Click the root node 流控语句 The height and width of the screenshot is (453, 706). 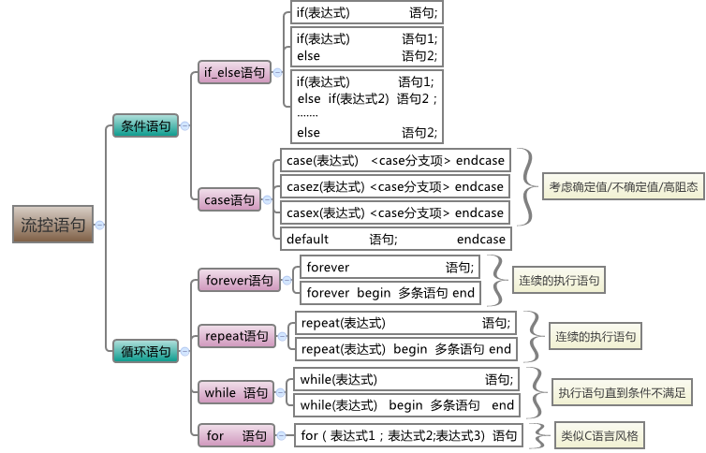point(52,225)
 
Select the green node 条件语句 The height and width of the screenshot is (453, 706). point(145,125)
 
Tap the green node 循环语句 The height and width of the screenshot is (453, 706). point(145,351)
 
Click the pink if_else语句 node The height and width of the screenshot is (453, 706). point(233,72)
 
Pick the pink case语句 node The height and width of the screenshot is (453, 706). point(229,199)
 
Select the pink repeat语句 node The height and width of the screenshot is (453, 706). point(237,335)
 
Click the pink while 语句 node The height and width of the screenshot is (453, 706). point(236,393)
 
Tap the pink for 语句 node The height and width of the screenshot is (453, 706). point(236,435)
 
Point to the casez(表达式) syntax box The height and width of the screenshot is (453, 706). point(395,186)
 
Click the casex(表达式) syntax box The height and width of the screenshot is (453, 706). point(395,212)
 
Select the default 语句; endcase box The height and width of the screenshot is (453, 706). point(395,239)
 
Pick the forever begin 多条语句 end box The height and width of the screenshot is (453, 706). point(390,293)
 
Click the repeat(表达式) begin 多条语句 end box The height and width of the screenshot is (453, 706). point(406,349)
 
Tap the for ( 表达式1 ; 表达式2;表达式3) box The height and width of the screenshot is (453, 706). point(407,435)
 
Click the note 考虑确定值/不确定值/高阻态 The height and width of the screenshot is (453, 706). point(623,186)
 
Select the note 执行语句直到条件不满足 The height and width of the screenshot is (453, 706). point(621,392)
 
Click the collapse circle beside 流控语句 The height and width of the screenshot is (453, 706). point(100,225)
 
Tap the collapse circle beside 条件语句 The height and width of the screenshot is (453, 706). point(185,125)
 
